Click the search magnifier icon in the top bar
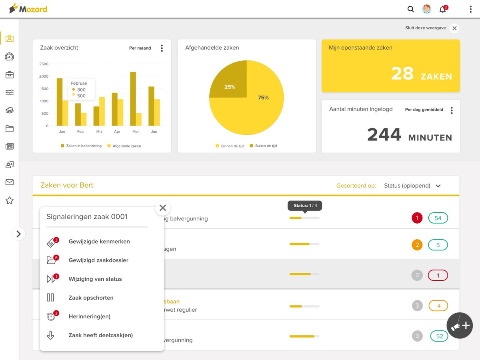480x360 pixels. [410, 9]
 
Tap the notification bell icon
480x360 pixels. [443, 9]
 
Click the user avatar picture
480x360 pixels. [426, 9]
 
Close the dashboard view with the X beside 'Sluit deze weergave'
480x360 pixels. [454, 28]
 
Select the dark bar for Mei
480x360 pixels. [133, 99]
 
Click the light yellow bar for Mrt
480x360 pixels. [102, 111]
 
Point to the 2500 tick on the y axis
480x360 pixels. [44, 64]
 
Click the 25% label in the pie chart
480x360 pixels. [230, 87]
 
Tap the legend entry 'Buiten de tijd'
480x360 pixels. [263, 146]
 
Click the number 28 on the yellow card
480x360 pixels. [402, 73]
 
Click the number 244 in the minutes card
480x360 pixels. [384, 134]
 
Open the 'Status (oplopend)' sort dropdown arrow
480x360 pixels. [438, 186]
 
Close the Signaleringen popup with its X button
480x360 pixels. [163, 208]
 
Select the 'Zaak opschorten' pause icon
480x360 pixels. [50, 298]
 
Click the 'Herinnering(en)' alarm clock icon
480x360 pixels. [51, 316]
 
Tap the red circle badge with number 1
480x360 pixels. [417, 218]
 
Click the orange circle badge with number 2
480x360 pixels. [417, 245]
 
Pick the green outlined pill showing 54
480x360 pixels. [438, 218]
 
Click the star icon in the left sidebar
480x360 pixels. [10, 200]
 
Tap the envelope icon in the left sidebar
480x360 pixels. [10, 182]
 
